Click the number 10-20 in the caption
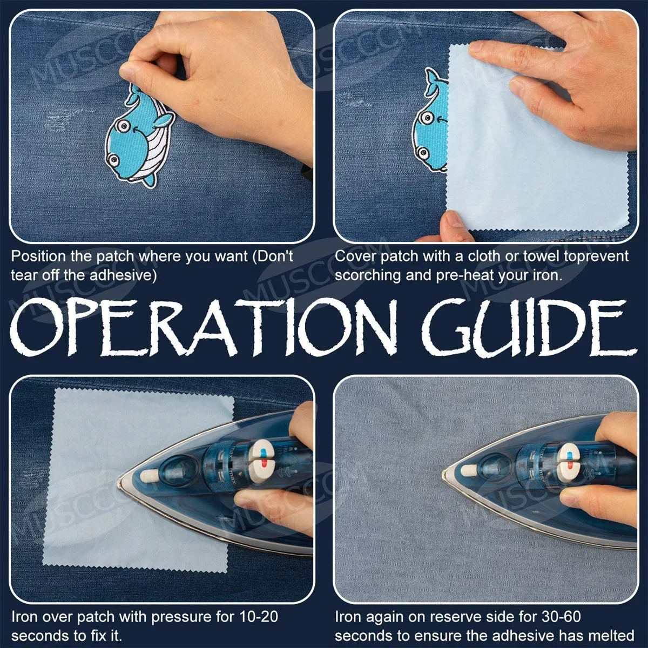(259, 617)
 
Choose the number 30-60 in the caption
(562, 617)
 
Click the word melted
(613, 636)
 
